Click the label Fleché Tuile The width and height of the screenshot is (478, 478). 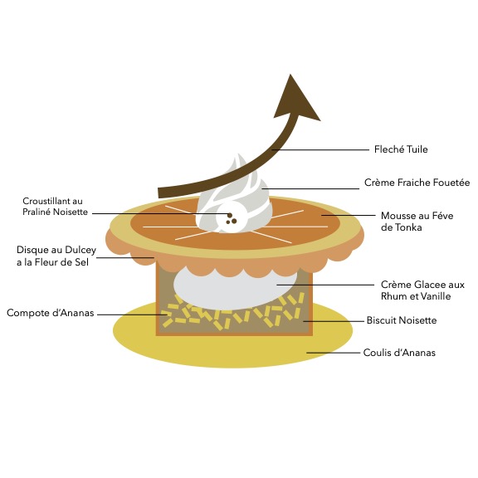pyautogui.click(x=401, y=149)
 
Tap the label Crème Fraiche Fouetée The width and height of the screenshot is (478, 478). pyautogui.click(x=417, y=183)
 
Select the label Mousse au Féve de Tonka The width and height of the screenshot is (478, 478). pyautogui.click(x=417, y=222)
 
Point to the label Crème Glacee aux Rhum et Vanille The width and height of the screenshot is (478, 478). pyautogui.click(x=422, y=290)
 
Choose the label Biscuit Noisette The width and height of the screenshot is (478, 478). pyautogui.click(x=402, y=320)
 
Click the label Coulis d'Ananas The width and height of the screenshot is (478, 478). pyautogui.click(x=399, y=353)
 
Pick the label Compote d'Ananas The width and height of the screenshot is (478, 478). pyautogui.click(x=51, y=313)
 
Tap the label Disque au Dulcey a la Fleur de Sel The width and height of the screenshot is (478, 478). pyautogui.click(x=56, y=256)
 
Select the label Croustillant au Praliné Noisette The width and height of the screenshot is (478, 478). pyautogui.click(x=55, y=207)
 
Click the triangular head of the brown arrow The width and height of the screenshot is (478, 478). pyautogui.click(x=296, y=99)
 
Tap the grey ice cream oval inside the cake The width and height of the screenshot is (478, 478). pyautogui.click(x=235, y=287)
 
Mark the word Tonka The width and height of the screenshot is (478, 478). pyautogui.click(x=408, y=227)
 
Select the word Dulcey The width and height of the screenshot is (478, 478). pyautogui.click(x=80, y=251)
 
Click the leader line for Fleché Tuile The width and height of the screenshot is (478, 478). pyautogui.click(x=320, y=149)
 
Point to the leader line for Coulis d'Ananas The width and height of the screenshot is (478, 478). pyautogui.click(x=334, y=353)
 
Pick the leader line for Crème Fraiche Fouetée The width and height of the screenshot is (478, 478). pyautogui.click(x=310, y=188)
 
